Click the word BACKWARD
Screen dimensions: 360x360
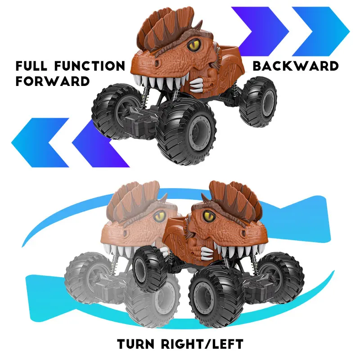tap(295, 66)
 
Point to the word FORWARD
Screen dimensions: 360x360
tap(53, 81)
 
